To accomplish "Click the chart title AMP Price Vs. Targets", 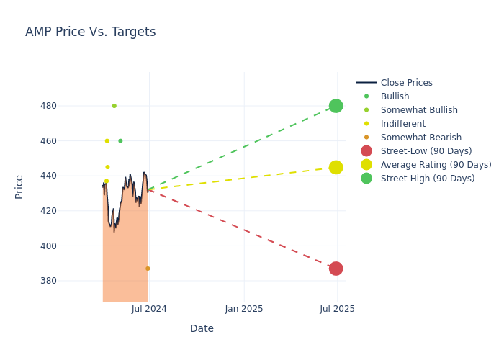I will coord(90,32).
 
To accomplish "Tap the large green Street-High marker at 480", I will coord(336,106).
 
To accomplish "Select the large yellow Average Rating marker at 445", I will coord(336,167).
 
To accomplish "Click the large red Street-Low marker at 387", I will coord(336,269).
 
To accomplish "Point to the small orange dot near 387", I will coord(148,269).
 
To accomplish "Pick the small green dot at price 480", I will coord(114,106).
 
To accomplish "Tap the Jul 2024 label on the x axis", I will coord(149,309).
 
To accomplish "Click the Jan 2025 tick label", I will coord(244,309).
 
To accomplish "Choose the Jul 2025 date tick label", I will coord(337,309).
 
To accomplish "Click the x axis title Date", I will coord(202,328).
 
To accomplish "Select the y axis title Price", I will coord(19,186).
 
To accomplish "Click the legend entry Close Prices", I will coord(406,83).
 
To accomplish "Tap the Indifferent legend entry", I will coord(402,124).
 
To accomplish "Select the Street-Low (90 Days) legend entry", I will coord(426,151).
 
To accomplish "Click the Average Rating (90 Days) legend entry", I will coord(436,165).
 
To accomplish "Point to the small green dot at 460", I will coord(120,141).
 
